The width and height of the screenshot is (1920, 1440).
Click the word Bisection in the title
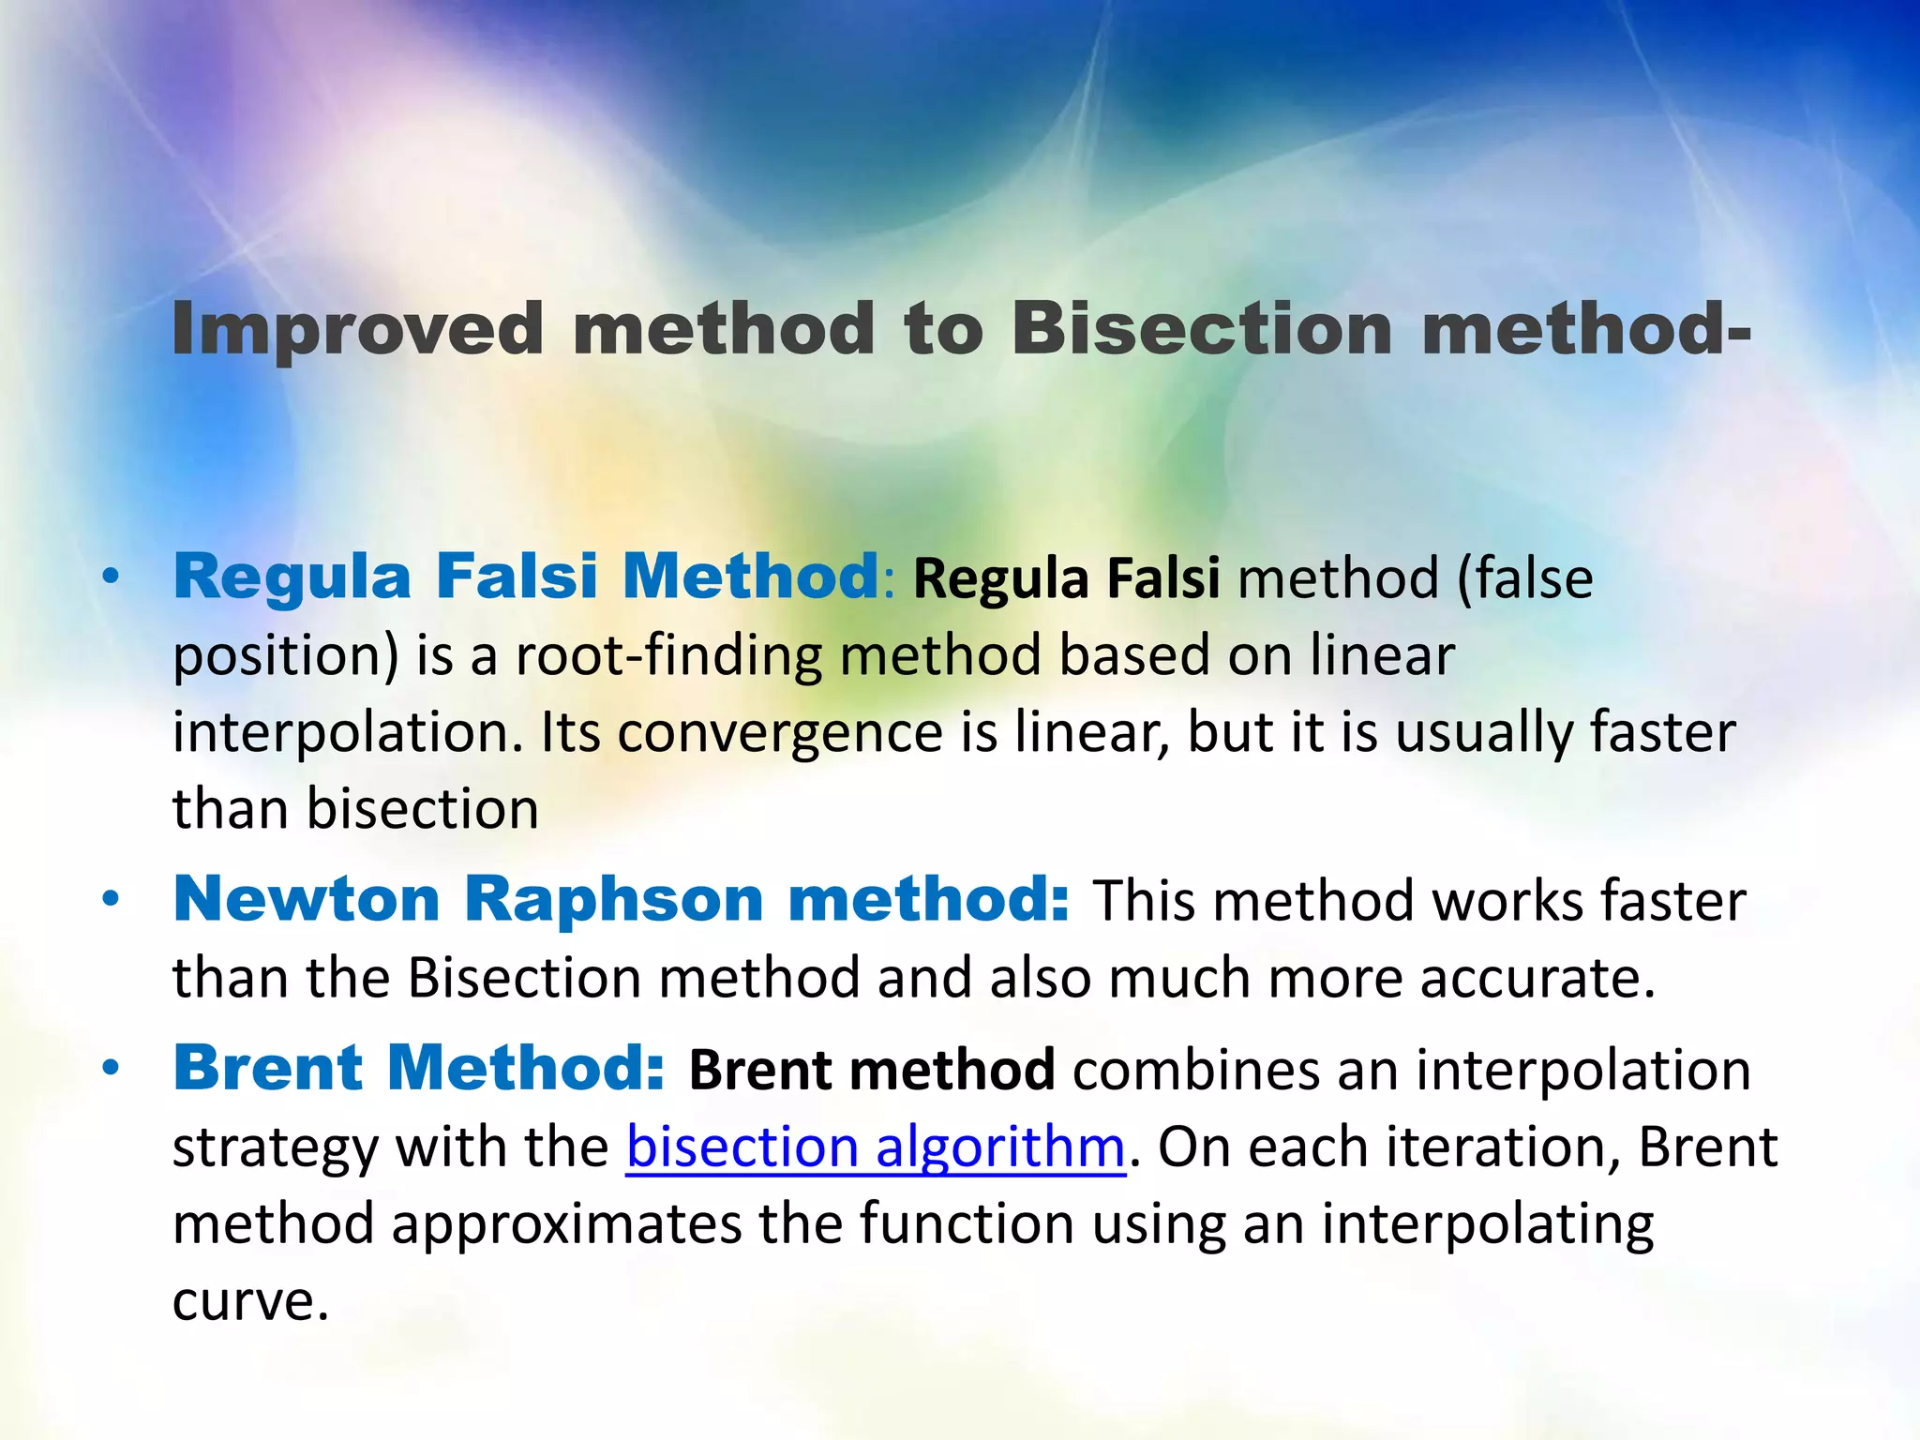[x=1202, y=330]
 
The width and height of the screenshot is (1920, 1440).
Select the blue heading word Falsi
[x=517, y=576]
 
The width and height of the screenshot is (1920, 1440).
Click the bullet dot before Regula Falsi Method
[x=112, y=577]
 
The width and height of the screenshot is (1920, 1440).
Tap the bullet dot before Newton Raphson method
[x=112, y=900]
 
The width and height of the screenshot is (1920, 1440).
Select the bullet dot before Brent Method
[x=112, y=1069]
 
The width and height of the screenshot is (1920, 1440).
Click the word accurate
[x=1537, y=978]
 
